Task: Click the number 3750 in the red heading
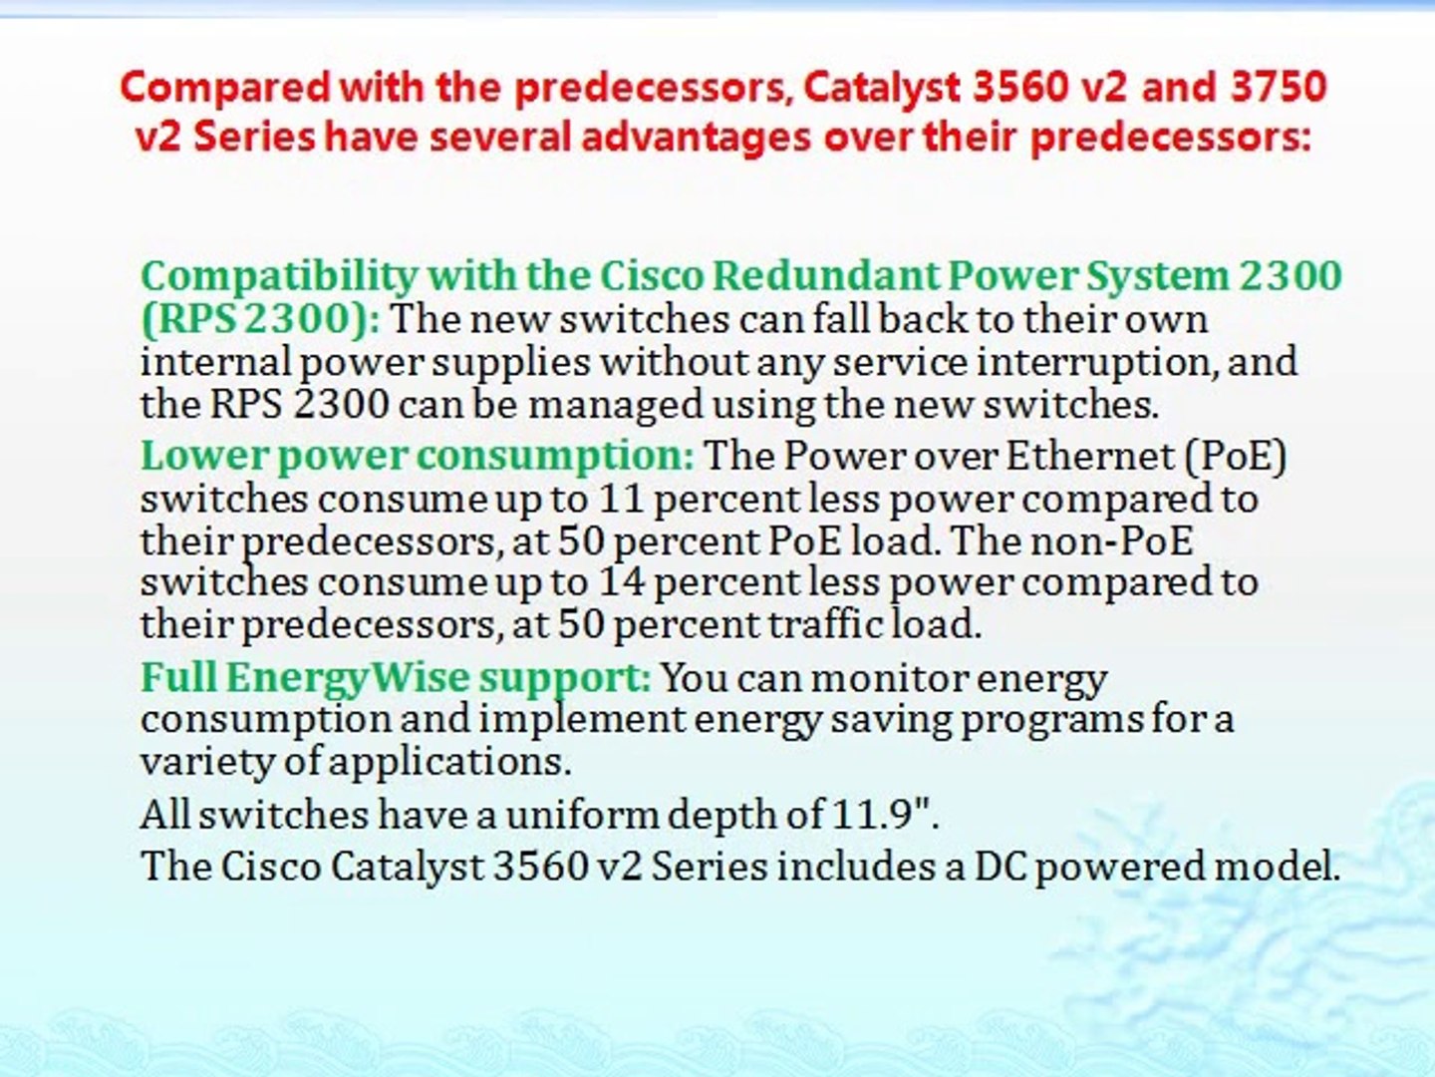(x=1279, y=87)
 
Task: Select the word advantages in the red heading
(x=697, y=140)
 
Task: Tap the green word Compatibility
(x=279, y=277)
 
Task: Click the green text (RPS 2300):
(x=260, y=320)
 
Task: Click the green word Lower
(x=204, y=455)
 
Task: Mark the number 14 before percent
(x=621, y=581)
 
